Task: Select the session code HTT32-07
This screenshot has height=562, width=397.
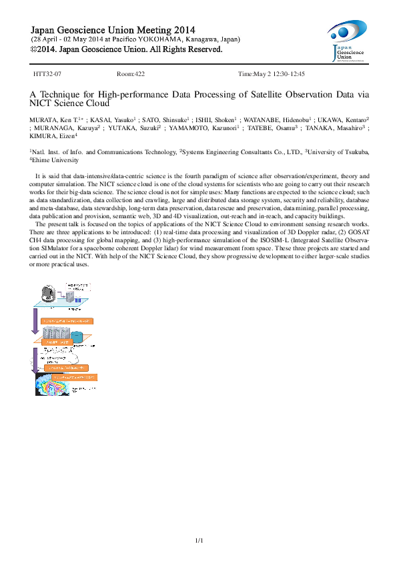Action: pos(48,74)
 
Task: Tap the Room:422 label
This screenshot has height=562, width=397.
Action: pos(131,74)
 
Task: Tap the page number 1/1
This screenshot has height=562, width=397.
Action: pos(198,540)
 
